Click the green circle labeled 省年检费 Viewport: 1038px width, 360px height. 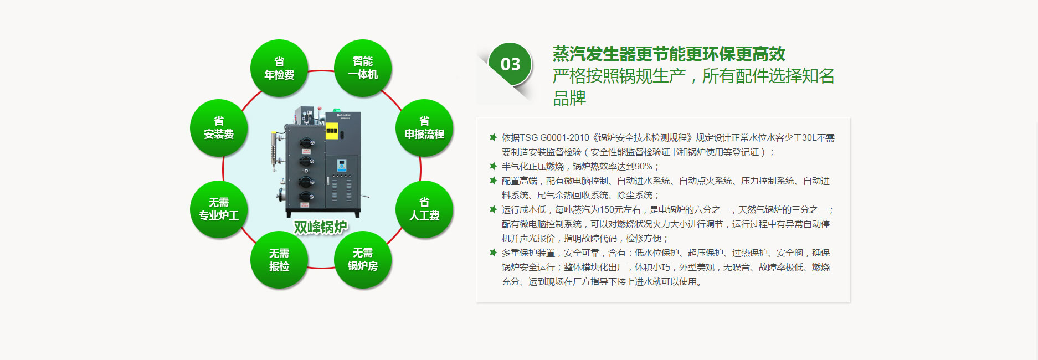pos(279,68)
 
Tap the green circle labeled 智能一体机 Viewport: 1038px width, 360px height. pos(363,68)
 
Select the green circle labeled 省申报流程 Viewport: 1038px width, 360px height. pos(424,128)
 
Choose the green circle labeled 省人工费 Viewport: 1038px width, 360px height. pos(424,209)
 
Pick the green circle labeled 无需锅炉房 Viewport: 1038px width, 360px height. pos(363,260)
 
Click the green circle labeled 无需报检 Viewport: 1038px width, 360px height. pos(279,260)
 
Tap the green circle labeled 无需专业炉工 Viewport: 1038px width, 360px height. pos(219,209)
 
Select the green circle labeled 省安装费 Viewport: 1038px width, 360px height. pos(219,128)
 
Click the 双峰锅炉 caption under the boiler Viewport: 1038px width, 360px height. pos(321,227)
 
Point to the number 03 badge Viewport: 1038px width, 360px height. pos(510,64)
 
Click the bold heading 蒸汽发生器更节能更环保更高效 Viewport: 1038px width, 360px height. pos(669,54)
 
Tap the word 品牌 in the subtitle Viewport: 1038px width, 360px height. pos(569,98)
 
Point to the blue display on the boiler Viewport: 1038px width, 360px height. pos(341,164)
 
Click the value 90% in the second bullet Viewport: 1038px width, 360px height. pos(644,167)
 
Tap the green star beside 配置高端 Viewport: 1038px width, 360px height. pos(493,181)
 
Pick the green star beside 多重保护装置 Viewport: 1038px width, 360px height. pos(493,253)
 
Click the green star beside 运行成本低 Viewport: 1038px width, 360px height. pos(493,209)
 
